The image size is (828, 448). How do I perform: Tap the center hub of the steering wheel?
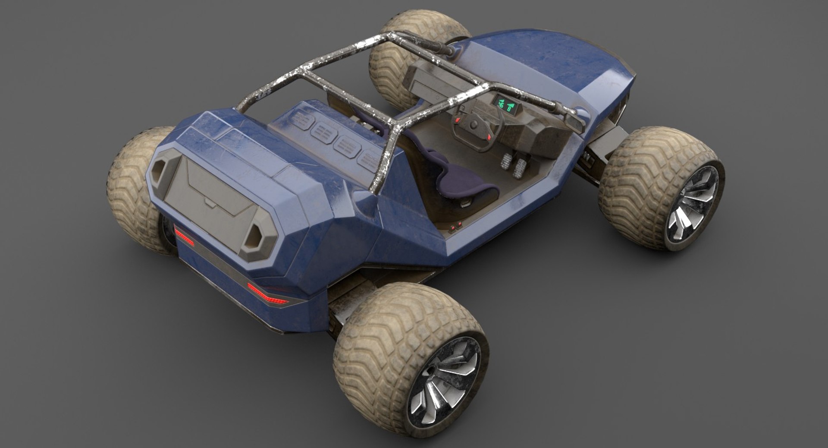[474, 125]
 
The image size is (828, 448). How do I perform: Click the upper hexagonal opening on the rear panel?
[162, 167]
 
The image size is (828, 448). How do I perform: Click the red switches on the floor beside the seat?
[455, 226]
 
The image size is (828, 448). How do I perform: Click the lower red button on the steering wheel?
[489, 136]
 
